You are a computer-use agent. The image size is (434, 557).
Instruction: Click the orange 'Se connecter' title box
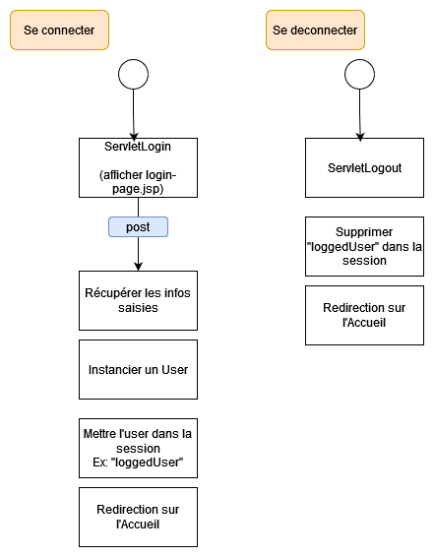[x=59, y=31]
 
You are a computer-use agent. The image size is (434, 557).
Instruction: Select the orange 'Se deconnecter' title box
[x=315, y=31]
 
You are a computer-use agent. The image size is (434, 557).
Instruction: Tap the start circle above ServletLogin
[x=133, y=74]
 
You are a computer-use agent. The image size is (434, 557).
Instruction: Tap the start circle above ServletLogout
[x=359, y=74]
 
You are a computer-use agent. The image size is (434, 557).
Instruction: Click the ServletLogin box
[x=138, y=167]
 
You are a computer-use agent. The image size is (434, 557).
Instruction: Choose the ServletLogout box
[x=364, y=167]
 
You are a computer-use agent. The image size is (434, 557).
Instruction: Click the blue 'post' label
[x=138, y=226]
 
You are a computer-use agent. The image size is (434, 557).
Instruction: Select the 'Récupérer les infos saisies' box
[x=138, y=300]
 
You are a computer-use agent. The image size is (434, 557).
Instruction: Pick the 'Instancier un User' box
[x=138, y=369]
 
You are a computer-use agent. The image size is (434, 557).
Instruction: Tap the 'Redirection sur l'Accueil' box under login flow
[x=138, y=517]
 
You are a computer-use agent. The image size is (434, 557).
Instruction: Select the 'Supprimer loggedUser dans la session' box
[x=364, y=246]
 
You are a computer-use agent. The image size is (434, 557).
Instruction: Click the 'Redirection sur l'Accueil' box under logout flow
[x=364, y=315]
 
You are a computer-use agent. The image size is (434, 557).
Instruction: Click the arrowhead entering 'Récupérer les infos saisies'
[x=138, y=266]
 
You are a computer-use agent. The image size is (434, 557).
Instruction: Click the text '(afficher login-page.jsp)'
[x=138, y=181]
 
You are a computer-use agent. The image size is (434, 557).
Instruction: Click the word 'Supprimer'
[x=364, y=232]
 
